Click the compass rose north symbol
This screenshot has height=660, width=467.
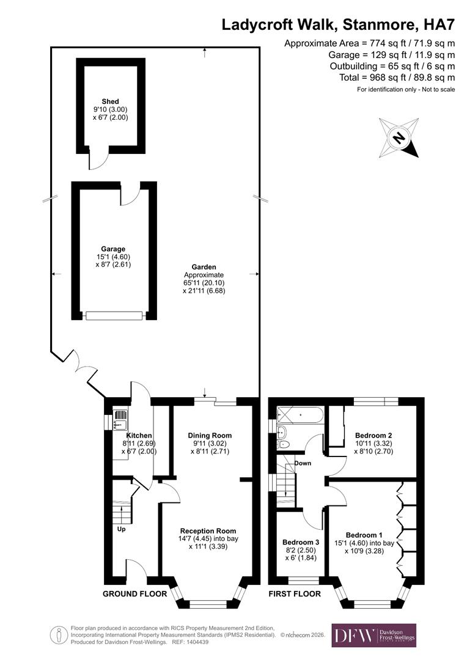(x=399, y=137)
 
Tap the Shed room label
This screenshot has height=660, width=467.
(x=111, y=101)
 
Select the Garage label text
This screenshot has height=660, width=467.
(x=114, y=249)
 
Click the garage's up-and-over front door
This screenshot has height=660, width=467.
(x=114, y=315)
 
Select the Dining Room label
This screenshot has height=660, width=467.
(x=210, y=435)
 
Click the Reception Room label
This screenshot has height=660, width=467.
(x=208, y=530)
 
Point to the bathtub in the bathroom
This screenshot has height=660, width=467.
(x=299, y=416)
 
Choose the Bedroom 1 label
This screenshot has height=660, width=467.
(x=364, y=534)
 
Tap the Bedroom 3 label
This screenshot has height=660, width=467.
(x=301, y=542)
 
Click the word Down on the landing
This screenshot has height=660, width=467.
(x=303, y=463)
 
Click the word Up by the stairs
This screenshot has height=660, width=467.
(x=121, y=529)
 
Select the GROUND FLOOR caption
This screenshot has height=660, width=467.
(x=134, y=593)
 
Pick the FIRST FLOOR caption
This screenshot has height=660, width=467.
(x=295, y=593)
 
